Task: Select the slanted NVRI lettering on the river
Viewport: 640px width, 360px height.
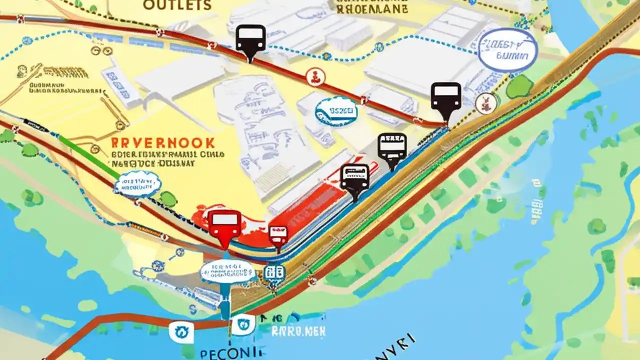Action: point(395,348)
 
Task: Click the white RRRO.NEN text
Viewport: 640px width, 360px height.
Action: point(298,330)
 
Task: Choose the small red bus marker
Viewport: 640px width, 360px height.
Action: point(278,235)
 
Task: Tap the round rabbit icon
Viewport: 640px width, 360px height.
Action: point(485,103)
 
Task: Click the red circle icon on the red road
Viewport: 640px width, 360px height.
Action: point(315,77)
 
